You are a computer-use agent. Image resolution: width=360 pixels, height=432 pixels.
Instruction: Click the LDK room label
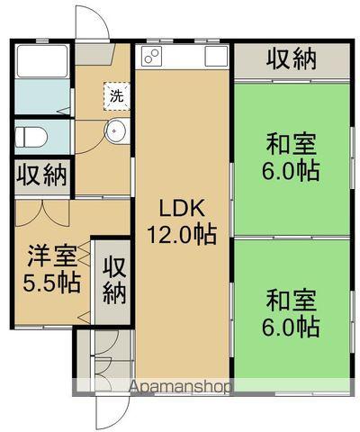click(181, 209)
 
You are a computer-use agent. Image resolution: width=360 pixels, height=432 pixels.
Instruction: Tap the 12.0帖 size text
click(181, 236)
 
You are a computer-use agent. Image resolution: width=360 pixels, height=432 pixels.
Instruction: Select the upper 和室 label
click(291, 143)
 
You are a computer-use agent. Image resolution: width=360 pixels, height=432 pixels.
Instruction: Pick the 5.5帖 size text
click(51, 283)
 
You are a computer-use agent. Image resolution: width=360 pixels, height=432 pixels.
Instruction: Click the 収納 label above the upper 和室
click(292, 59)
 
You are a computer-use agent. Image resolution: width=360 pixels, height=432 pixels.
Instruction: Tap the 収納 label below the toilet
click(41, 175)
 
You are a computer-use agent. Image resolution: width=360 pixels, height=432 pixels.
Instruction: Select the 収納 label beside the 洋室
click(113, 279)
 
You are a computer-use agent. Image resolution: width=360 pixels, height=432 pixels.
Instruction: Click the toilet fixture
click(32, 136)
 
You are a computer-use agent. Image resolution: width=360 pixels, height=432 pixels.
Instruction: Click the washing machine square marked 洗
click(116, 94)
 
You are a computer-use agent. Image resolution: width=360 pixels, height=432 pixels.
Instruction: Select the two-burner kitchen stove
click(150, 58)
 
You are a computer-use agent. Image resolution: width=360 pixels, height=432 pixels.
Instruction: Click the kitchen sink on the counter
click(216, 57)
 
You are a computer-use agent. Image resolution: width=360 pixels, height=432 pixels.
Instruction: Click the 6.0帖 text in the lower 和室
click(292, 327)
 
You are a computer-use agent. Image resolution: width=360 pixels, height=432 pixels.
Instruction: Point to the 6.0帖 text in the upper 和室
click(292, 170)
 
